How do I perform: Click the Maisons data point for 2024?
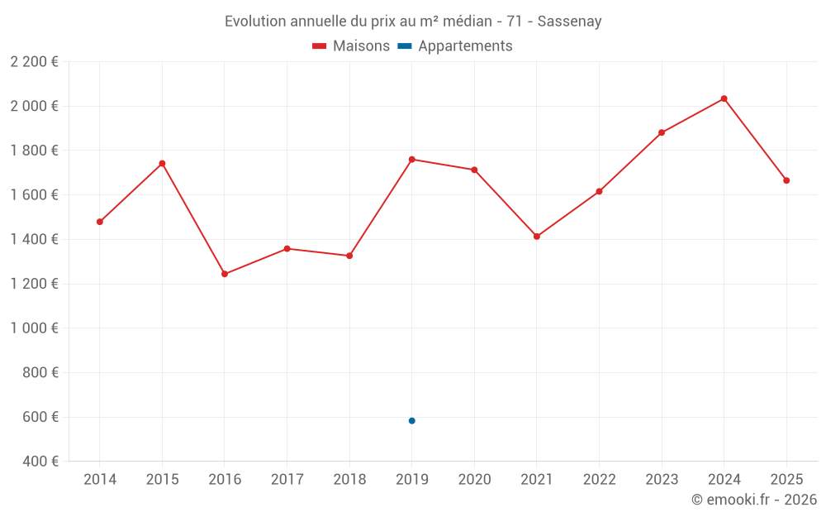point(724,98)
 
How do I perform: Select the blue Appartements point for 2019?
point(411,421)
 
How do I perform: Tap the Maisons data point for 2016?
point(225,274)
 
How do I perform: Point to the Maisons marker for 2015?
point(162,164)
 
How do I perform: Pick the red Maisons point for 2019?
point(411,159)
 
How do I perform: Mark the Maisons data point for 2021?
point(537,237)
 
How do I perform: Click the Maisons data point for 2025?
point(786,180)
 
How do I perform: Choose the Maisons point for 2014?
point(100,222)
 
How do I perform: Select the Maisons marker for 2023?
point(662,132)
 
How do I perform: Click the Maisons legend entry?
point(351,46)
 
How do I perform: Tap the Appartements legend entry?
point(456,46)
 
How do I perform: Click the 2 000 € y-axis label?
point(34,106)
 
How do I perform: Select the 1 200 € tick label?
point(34,284)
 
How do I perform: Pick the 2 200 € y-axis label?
point(34,62)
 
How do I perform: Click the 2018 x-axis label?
point(349,480)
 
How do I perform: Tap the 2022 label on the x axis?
point(599,480)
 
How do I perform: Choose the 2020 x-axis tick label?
point(474,480)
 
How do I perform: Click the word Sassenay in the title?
point(569,21)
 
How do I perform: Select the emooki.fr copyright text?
point(754,500)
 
